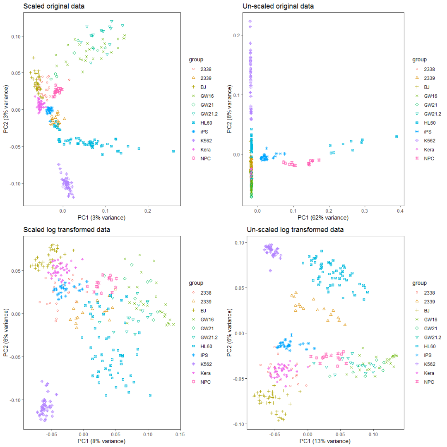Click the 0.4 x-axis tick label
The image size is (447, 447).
[399, 211]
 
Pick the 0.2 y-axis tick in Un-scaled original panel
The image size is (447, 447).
[239, 35]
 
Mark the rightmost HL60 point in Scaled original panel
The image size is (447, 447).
[173, 151]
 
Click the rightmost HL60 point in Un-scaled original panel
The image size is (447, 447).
[397, 136]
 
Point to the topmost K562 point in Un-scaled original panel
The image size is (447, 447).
[250, 22]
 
